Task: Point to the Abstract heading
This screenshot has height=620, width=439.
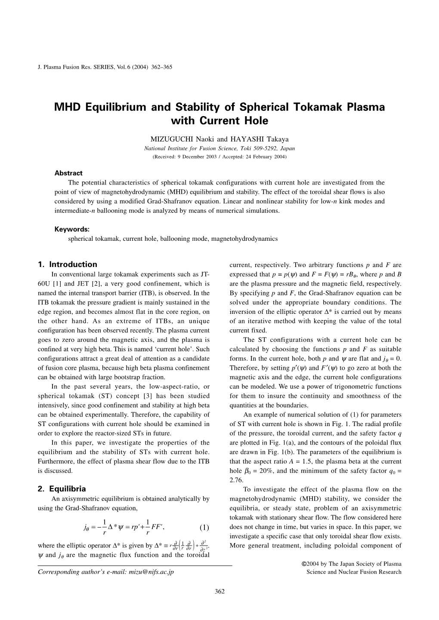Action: click(68, 173)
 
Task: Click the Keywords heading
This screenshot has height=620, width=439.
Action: click(71, 229)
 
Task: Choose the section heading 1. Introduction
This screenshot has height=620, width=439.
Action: click(68, 264)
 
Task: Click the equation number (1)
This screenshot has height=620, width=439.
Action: click(204, 528)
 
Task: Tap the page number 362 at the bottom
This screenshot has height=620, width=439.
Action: click(219, 591)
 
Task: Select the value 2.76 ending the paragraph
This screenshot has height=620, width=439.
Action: click(236, 480)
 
